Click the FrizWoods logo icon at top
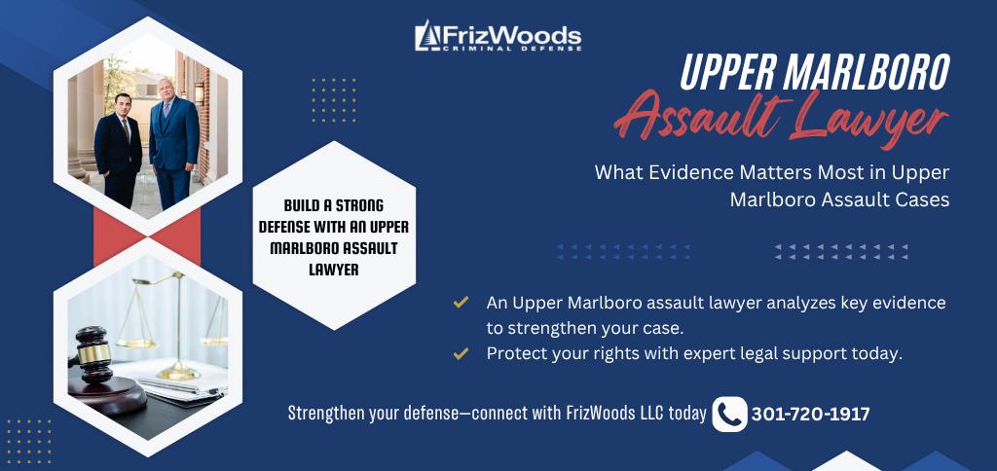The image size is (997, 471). click(426, 35)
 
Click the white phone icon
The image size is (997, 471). click(729, 414)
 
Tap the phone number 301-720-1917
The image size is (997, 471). click(811, 415)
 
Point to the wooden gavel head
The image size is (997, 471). click(92, 354)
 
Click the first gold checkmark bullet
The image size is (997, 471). click(461, 303)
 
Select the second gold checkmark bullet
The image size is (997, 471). click(461, 353)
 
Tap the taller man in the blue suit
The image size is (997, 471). click(174, 143)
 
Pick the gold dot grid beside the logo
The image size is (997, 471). click(334, 100)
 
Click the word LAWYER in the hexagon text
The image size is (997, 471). click(334, 270)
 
